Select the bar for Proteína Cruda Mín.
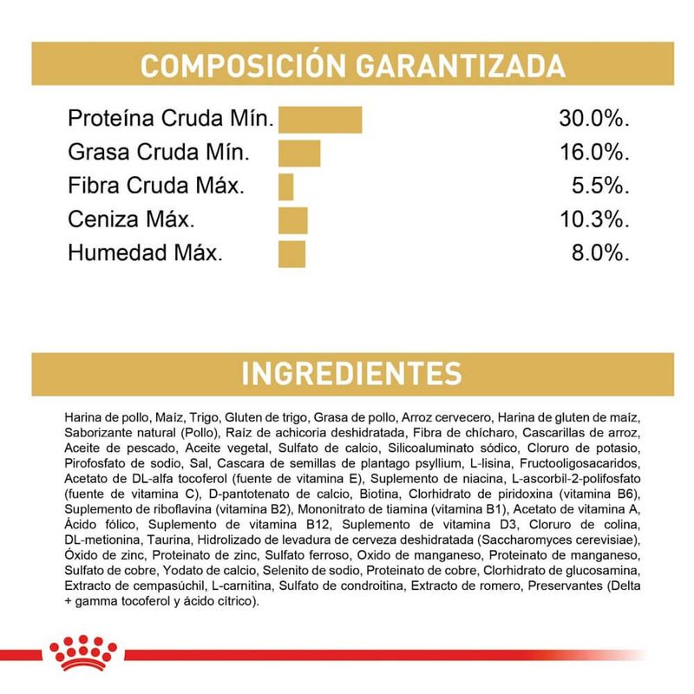319,120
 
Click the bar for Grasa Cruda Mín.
299,154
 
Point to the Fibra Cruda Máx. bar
286,187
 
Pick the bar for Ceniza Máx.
292,220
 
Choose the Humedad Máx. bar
291,253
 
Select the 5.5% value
599,187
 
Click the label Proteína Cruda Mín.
171,119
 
